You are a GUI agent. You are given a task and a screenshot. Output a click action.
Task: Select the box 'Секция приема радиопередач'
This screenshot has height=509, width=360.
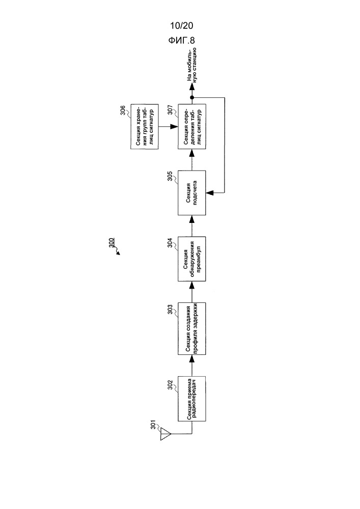coord(191,399)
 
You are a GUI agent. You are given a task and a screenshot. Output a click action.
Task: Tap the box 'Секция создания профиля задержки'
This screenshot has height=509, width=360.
coord(191,328)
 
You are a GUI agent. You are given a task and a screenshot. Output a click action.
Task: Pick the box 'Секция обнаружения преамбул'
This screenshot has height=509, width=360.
coord(191,259)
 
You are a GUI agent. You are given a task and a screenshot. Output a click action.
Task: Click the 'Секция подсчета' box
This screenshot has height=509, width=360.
coord(191,192)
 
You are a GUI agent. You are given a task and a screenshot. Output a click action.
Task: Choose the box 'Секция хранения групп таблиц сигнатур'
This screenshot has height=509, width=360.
coord(145,127)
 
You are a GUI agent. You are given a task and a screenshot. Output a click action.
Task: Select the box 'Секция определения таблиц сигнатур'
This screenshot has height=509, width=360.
coord(191,127)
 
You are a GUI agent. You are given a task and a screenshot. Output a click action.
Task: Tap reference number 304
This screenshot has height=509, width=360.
coord(170,243)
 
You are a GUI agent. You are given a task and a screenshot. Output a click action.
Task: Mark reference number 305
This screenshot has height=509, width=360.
coord(170,177)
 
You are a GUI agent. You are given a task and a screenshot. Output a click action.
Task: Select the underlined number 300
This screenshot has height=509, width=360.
coord(111,244)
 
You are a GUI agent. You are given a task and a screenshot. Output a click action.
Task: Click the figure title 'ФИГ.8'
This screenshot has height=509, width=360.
coord(181,40)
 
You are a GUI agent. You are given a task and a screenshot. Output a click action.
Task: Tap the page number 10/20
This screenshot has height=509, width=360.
coord(181,25)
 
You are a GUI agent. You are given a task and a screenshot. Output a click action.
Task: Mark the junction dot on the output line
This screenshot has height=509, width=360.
coord(191,97)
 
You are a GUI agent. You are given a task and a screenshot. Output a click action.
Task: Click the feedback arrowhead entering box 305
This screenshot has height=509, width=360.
coord(209,192)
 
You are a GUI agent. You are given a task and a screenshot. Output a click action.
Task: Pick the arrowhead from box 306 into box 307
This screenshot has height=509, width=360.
coord(174,127)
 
